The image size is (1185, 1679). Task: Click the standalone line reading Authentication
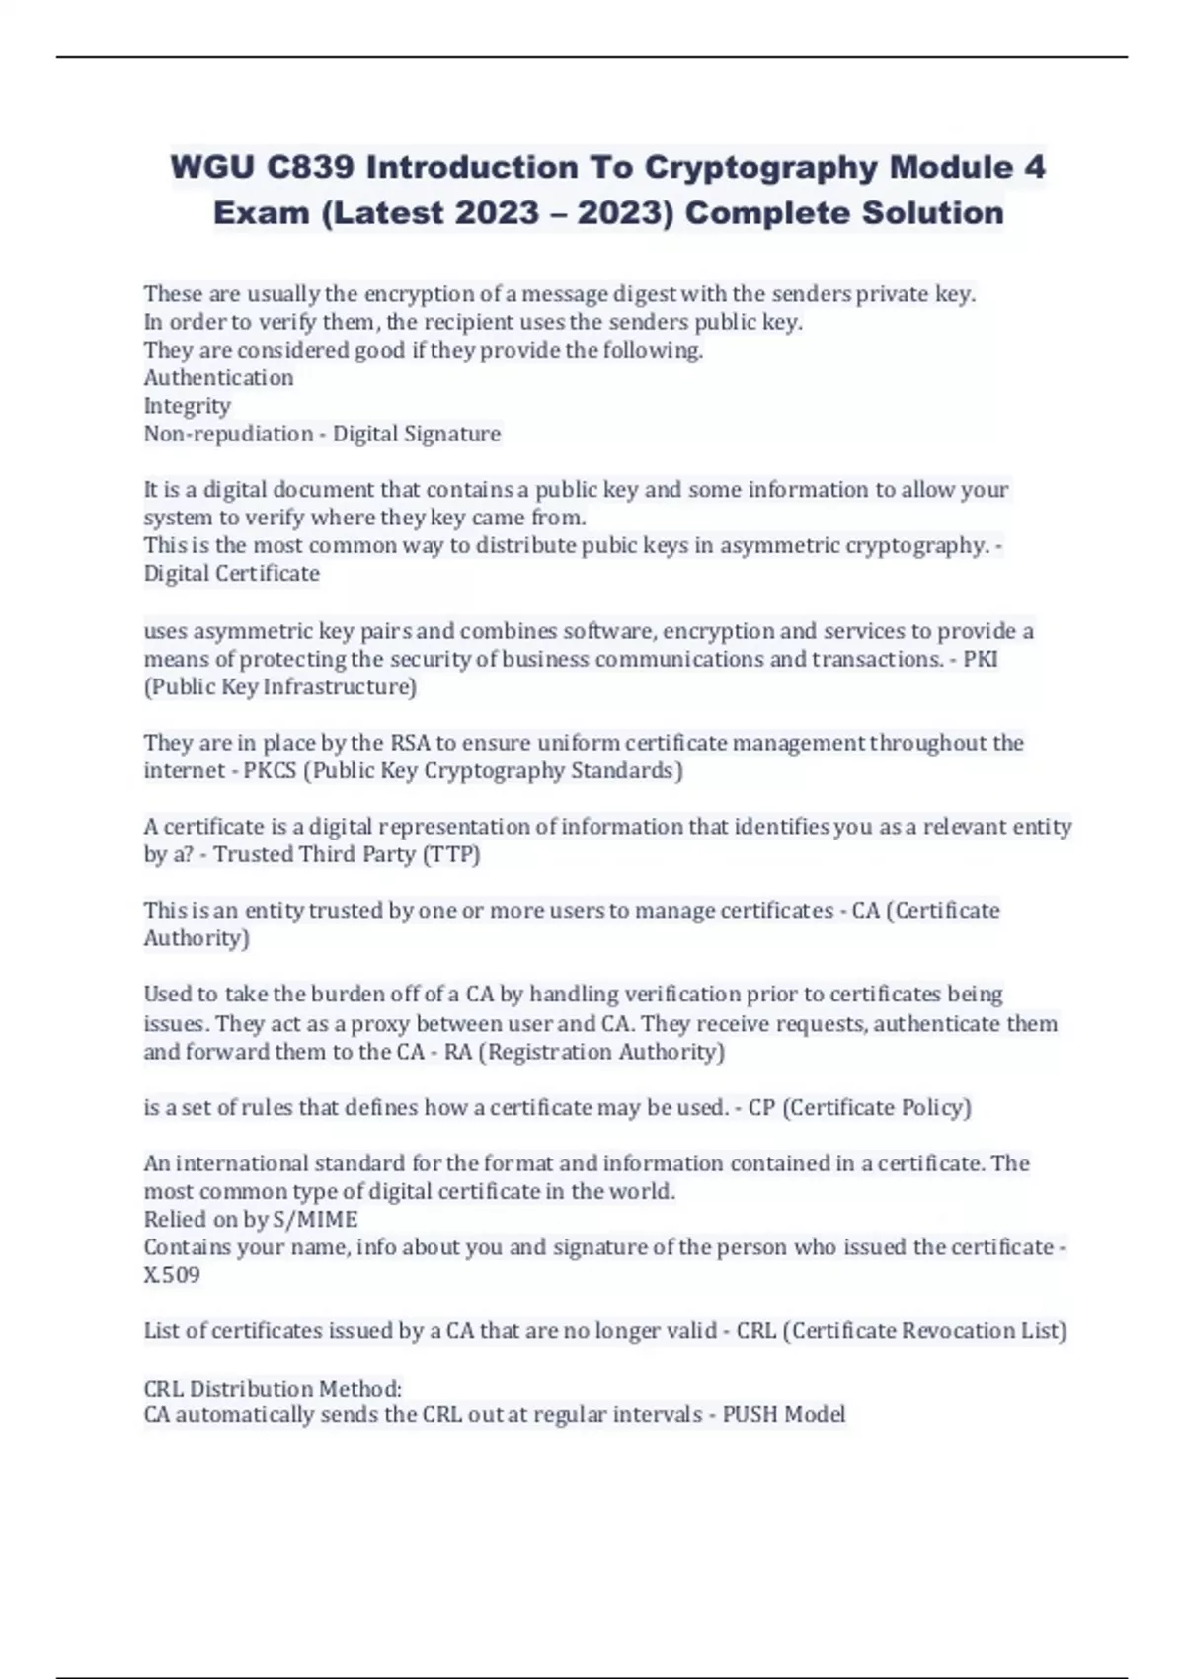[x=218, y=377]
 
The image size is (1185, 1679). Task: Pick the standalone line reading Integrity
[x=188, y=406]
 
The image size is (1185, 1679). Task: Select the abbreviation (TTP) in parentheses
[x=451, y=854]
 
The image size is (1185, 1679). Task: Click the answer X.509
[x=172, y=1275]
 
